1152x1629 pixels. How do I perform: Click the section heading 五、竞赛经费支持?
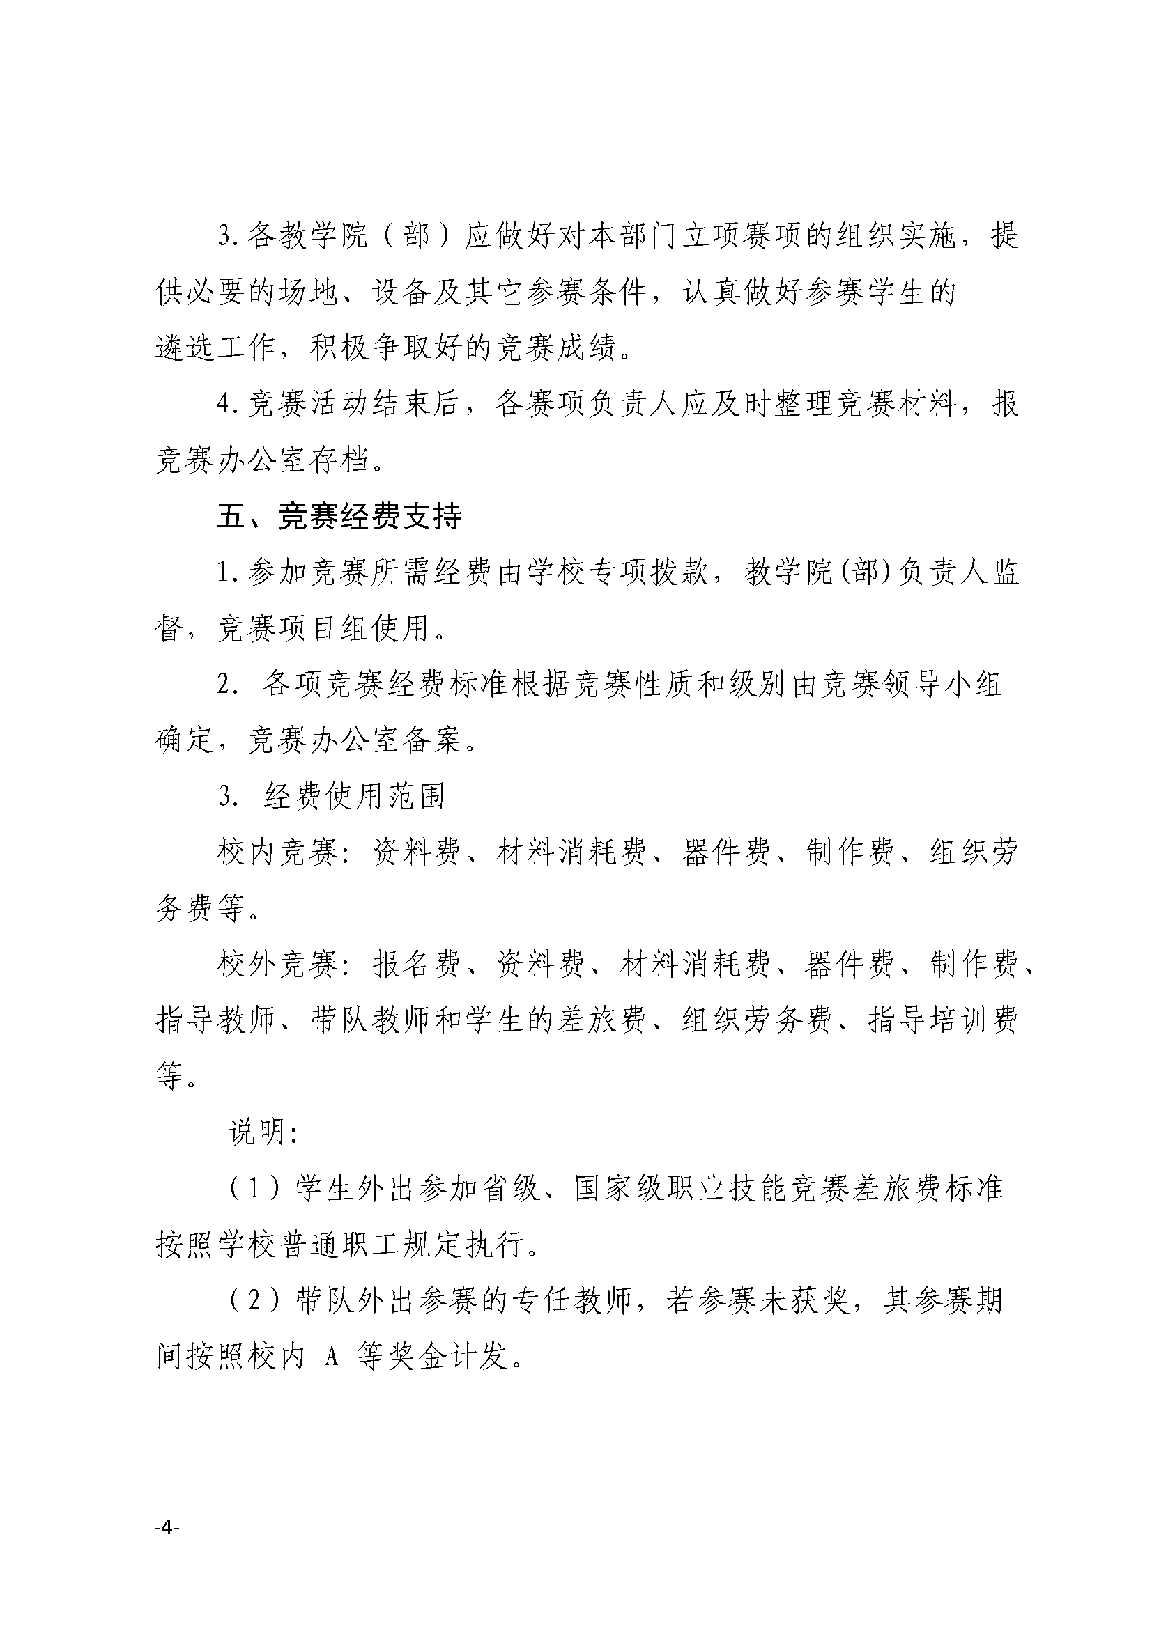click(x=339, y=517)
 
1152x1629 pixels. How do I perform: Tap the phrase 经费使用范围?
click(x=354, y=797)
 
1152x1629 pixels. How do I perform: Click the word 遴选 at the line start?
click(x=186, y=348)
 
